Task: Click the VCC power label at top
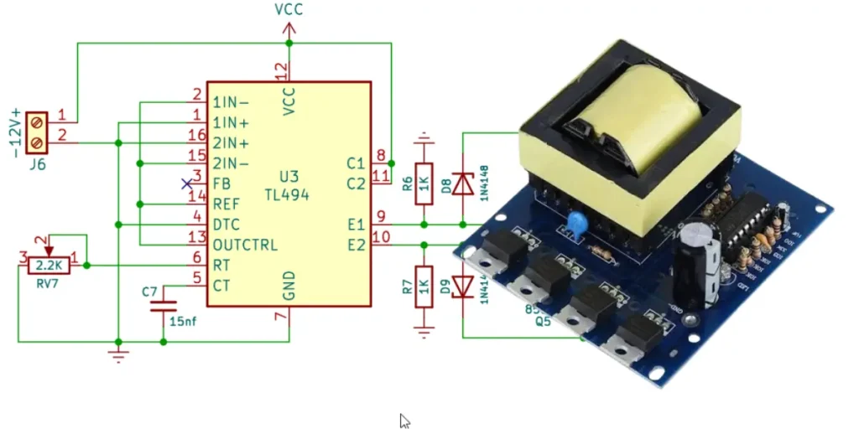289,10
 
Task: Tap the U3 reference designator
289,177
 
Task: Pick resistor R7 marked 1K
424,287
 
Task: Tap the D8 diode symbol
463,183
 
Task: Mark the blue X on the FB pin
187,183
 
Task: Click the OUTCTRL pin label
245,245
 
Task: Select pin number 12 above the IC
281,70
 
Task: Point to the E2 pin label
356,245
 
